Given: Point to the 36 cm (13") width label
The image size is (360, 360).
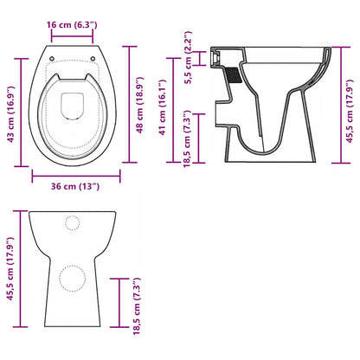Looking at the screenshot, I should click(66, 185).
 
